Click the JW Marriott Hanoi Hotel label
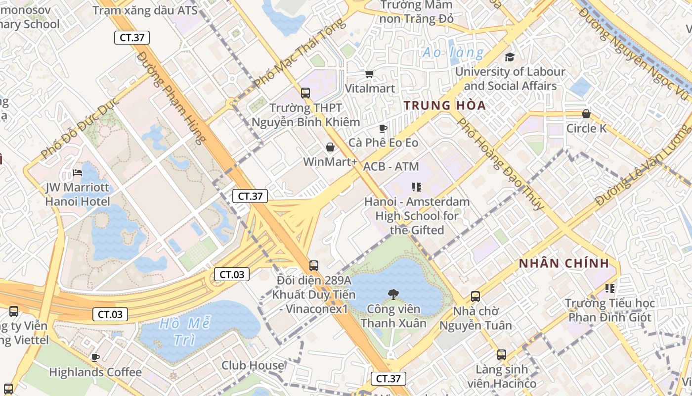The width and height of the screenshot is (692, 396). click(78, 195)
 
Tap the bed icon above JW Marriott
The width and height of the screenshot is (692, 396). click(78, 173)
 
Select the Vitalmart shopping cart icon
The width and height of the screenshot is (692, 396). click(369, 74)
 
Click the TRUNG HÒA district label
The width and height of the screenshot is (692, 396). click(444, 105)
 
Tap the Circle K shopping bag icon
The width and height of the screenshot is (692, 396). click(586, 114)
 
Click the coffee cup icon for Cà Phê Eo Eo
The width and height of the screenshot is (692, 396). click(383, 129)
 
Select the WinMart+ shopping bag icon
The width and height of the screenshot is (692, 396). click(330, 147)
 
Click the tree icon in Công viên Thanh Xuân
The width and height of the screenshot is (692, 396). click(393, 295)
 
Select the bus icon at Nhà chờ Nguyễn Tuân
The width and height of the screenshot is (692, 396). click(476, 297)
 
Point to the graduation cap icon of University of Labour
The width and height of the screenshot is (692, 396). click(510, 57)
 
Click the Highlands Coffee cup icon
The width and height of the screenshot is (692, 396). click(95, 357)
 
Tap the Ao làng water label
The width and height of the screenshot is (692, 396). click(453, 52)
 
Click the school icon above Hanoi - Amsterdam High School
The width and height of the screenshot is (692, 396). click(417, 187)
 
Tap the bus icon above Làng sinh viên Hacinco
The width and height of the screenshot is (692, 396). click(502, 355)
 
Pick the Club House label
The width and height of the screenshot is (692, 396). click(253, 365)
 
